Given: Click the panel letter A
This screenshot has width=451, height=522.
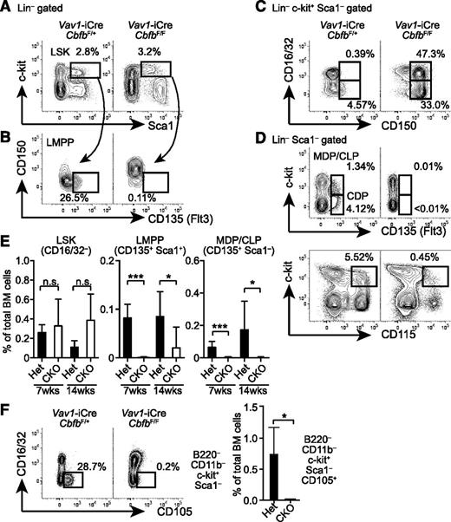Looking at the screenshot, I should point(8,8).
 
